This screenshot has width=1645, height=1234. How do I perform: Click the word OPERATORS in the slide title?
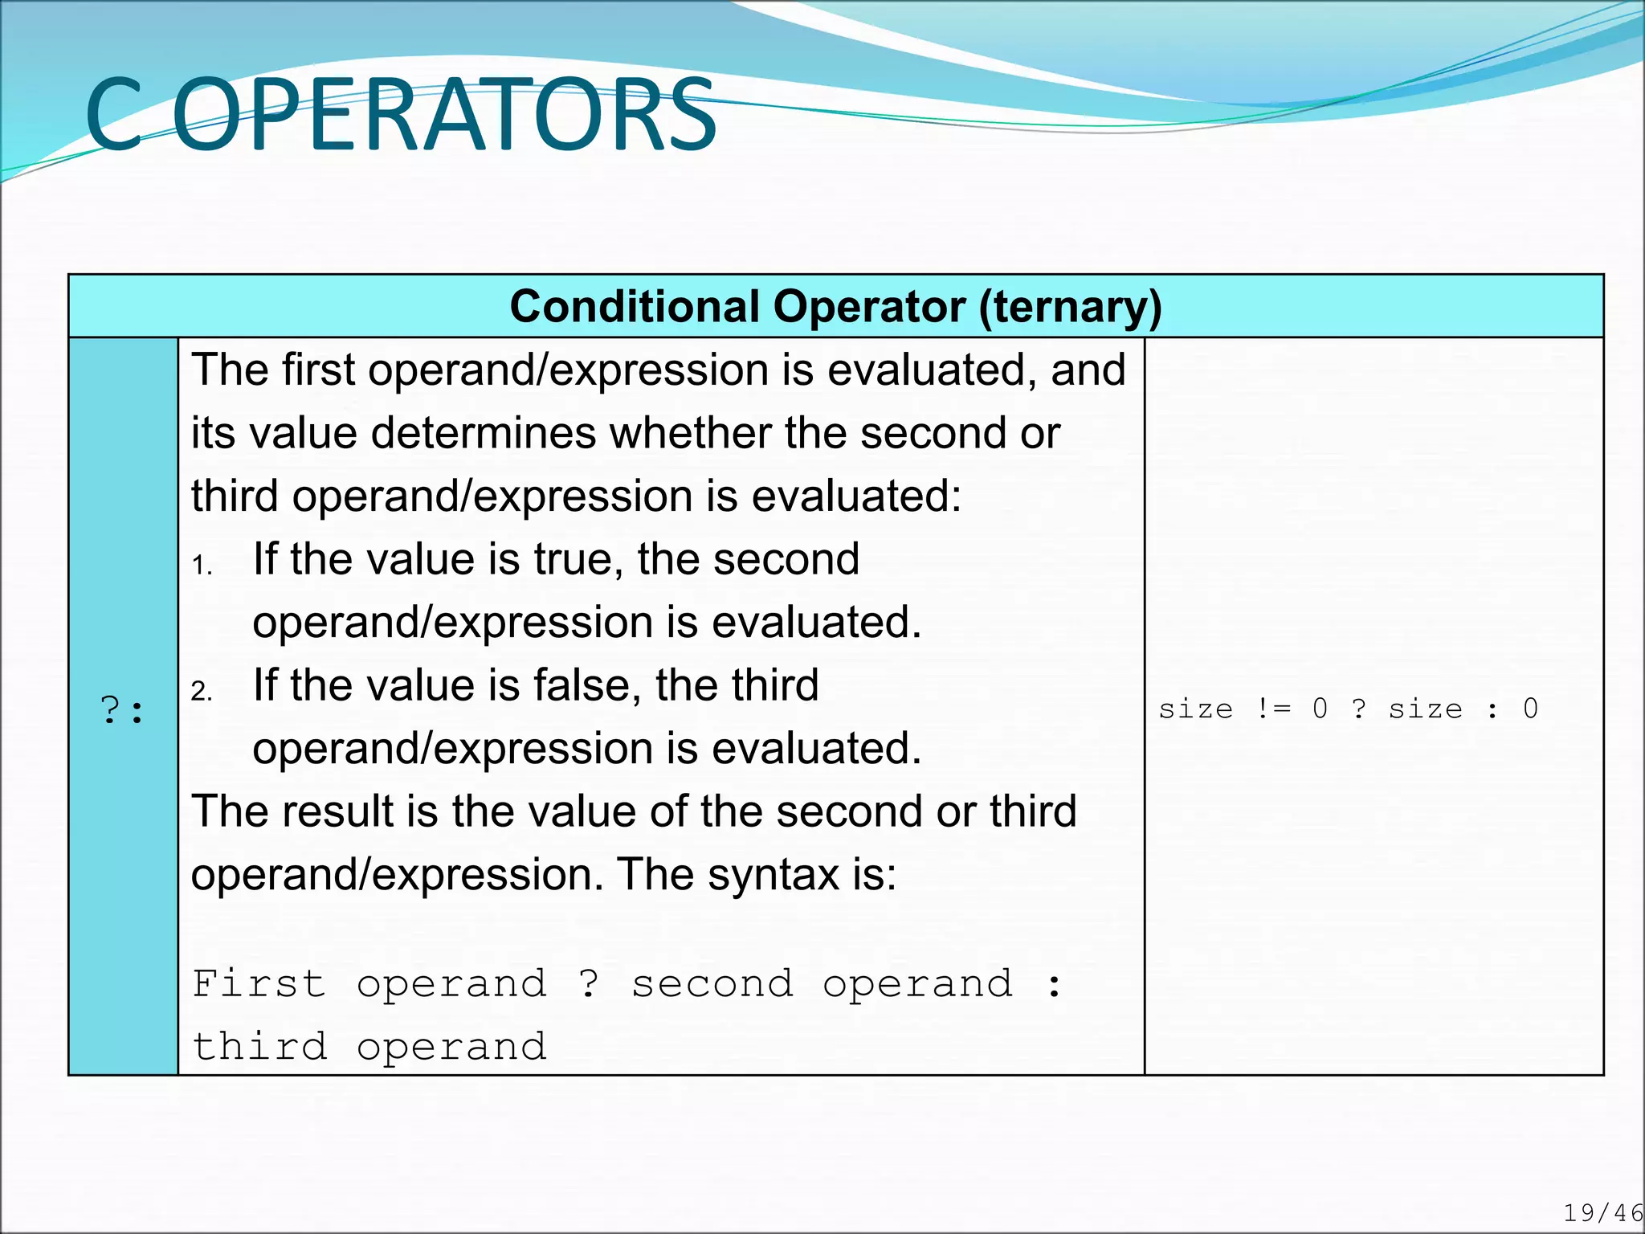click(444, 115)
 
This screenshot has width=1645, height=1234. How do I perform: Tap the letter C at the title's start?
click(114, 115)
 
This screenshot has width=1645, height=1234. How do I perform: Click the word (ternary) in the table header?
click(1070, 307)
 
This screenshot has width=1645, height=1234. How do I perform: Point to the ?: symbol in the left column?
click(122, 710)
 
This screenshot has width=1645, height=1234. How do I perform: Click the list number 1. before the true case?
click(202, 566)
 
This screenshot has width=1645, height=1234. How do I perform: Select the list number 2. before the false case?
click(202, 692)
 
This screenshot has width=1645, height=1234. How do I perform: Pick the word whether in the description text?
click(692, 433)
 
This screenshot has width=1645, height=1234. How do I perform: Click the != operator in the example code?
click(1274, 709)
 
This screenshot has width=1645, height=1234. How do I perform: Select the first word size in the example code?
click(1195, 709)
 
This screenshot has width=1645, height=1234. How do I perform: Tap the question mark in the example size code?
click(1358, 709)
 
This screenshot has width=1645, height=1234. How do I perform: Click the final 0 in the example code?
click(1530, 709)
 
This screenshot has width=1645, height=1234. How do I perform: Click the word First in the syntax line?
click(259, 984)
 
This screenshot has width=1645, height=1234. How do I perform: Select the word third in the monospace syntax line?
click(259, 1047)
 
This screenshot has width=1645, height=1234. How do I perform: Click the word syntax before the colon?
click(773, 875)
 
